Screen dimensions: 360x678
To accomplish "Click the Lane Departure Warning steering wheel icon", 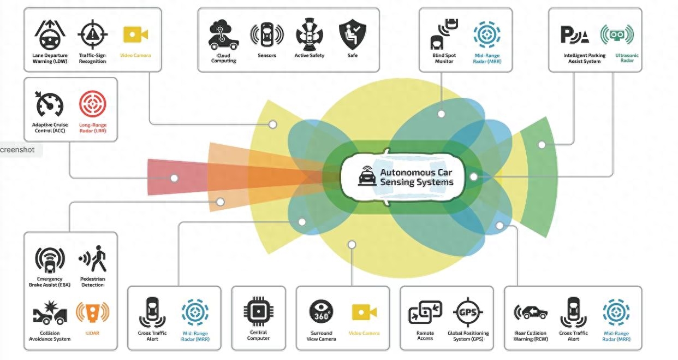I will tap(50, 36).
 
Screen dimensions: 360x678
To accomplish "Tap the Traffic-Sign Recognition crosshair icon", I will tap(92, 36).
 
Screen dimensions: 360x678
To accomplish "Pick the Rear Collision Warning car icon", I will tap(531, 313).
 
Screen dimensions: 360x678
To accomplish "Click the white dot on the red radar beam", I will tap(174, 178).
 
